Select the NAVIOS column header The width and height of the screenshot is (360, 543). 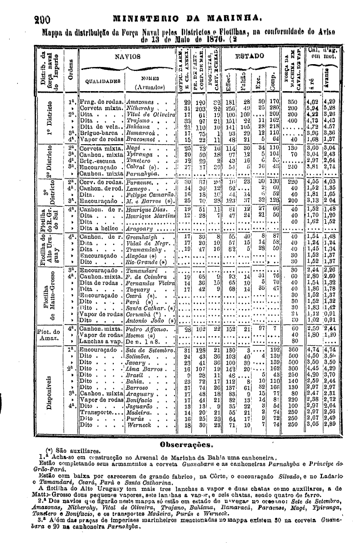127,56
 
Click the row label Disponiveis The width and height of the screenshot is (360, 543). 49,388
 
